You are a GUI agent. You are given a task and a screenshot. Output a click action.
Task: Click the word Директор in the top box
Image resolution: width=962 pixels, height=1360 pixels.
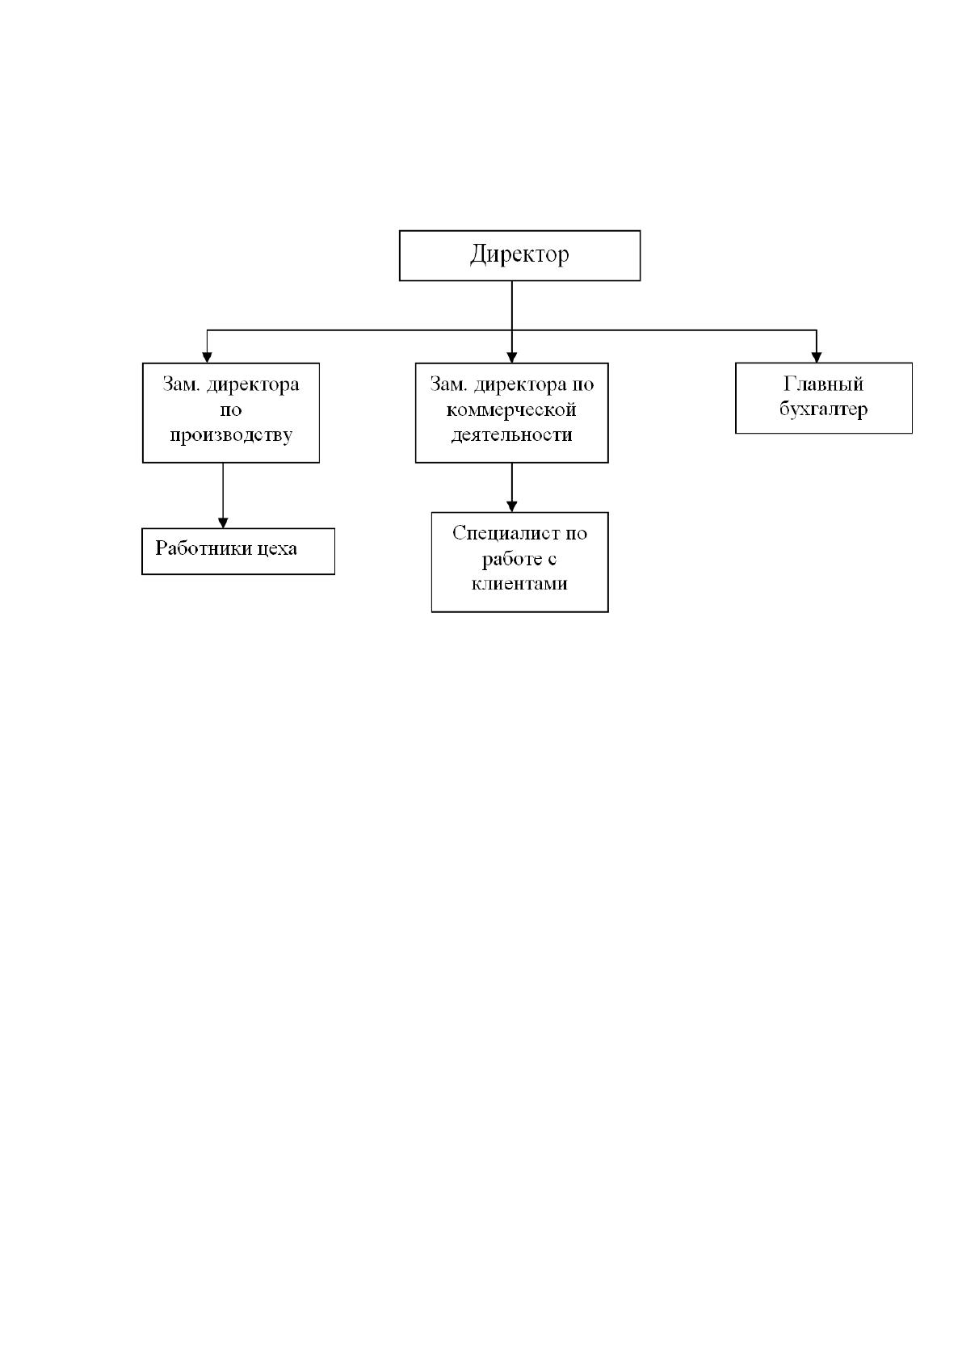(519, 254)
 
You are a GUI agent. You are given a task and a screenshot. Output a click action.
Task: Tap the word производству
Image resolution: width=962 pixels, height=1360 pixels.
(231, 435)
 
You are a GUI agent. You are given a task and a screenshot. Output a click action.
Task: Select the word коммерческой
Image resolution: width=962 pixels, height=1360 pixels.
(511, 409)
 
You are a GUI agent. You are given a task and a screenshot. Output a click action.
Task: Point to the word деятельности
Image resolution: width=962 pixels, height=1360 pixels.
(511, 434)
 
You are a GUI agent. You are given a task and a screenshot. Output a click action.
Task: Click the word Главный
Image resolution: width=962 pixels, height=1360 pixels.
(823, 384)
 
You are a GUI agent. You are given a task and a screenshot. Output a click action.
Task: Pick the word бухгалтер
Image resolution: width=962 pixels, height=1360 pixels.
(823, 409)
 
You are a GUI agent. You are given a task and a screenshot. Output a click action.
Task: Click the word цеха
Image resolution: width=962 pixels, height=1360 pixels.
(277, 549)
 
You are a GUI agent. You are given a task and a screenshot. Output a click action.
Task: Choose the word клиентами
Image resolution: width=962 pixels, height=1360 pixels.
(519, 583)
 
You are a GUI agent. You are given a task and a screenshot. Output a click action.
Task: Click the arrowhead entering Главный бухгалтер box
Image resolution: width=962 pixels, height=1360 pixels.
(817, 357)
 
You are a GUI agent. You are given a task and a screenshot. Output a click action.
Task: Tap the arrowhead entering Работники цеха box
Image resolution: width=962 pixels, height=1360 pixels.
(223, 523)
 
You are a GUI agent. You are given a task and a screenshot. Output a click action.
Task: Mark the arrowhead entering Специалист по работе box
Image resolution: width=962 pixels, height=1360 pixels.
(511, 506)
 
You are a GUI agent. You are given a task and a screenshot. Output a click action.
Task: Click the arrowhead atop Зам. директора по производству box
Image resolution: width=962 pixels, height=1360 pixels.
(207, 358)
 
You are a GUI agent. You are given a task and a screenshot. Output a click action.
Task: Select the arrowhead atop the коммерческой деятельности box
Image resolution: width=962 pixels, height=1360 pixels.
(511, 358)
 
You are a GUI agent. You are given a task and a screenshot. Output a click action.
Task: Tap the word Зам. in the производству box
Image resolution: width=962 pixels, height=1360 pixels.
(181, 384)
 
